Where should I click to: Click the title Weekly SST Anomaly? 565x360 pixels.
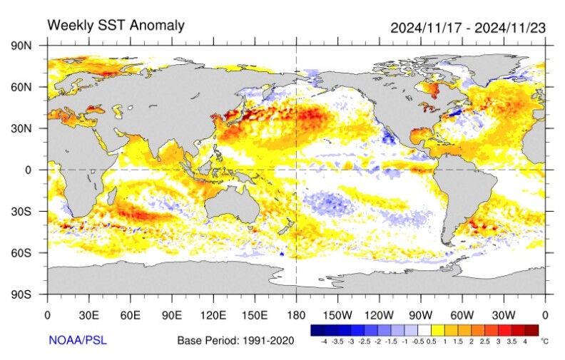[x=116, y=26]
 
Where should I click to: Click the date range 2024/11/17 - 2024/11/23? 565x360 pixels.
[x=467, y=28]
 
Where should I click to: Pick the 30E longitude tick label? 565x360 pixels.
[x=88, y=314]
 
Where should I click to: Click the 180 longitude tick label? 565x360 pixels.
[x=296, y=314]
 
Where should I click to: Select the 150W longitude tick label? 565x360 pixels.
[x=337, y=314]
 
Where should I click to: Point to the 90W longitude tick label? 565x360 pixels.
[x=421, y=314]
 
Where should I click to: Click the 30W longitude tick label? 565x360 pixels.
[x=504, y=314]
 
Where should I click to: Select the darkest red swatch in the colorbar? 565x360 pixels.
[x=531, y=331]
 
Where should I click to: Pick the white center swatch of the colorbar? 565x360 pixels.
[x=425, y=331]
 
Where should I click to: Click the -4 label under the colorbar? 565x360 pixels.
[x=324, y=343]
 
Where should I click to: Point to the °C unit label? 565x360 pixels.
[x=546, y=342]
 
